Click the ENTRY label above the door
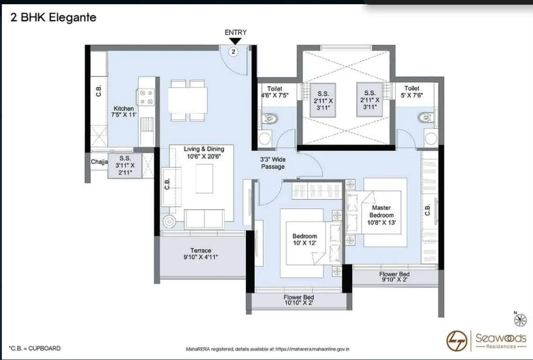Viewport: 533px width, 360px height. [235, 32]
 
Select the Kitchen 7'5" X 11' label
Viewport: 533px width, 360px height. [123, 112]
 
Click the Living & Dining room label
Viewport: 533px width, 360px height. [204, 152]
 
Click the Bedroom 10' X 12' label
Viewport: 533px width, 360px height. [304, 240]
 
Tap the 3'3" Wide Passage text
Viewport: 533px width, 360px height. [273, 163]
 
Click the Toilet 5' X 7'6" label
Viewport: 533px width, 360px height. [412, 92]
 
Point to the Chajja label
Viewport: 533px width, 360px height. [99, 162]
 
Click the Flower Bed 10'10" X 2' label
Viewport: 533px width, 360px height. [298, 300]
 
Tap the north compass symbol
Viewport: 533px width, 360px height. [520, 320]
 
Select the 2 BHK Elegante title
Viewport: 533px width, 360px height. [53, 18]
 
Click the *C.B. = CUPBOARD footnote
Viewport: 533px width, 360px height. [35, 348]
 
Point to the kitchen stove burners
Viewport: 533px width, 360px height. [146, 97]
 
